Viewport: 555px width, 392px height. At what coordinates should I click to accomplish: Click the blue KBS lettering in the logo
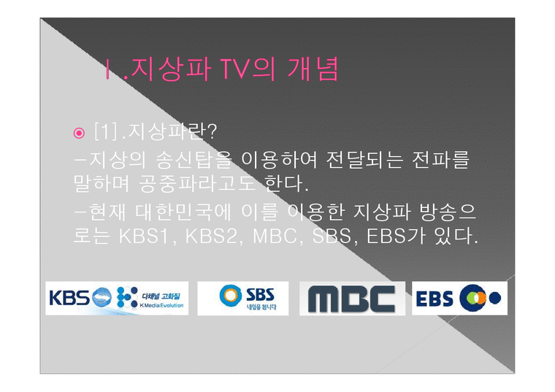tap(69, 298)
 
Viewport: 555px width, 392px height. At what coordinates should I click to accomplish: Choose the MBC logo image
tap(352, 299)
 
